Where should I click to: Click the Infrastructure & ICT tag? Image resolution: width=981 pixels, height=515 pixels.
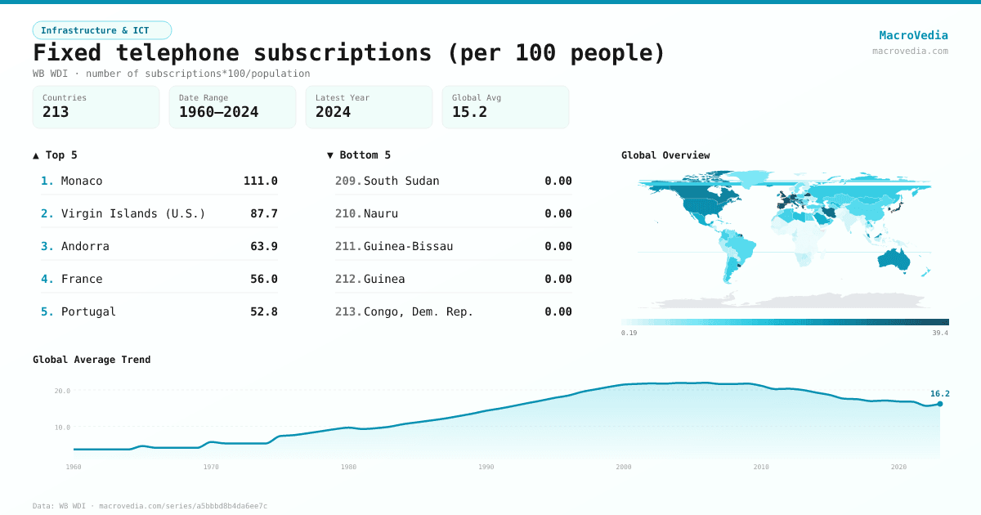tap(101, 30)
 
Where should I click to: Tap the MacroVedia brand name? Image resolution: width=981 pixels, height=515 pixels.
tap(913, 35)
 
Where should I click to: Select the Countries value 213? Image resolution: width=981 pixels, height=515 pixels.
tap(56, 112)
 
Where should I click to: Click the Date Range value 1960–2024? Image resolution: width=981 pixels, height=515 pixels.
tap(218, 112)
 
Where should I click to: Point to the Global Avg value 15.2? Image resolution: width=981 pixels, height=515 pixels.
tap(469, 112)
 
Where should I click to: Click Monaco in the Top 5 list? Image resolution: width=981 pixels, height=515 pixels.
tap(82, 181)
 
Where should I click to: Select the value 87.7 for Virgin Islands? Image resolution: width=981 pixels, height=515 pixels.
tap(264, 213)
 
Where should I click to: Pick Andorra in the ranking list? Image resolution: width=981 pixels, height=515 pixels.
tap(85, 246)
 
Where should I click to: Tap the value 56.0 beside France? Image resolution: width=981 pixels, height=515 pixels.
tap(264, 279)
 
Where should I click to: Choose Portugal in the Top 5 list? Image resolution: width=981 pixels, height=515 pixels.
tap(88, 311)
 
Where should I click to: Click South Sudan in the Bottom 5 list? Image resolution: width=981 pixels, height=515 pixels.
tap(401, 181)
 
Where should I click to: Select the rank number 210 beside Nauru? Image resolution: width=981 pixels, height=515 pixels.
tap(348, 213)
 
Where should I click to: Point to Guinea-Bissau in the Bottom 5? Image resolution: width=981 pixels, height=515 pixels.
tap(408, 246)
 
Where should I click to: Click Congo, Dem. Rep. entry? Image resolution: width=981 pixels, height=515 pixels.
tap(419, 311)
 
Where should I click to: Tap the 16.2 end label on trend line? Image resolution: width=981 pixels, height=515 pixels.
tap(939, 393)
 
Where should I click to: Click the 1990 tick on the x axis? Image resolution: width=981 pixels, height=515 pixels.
tap(486, 467)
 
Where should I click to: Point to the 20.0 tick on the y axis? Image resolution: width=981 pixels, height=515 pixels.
tap(63, 391)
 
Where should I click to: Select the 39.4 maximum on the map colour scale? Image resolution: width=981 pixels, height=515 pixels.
tap(940, 333)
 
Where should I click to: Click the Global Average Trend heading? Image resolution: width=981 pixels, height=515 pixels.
tap(92, 360)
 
